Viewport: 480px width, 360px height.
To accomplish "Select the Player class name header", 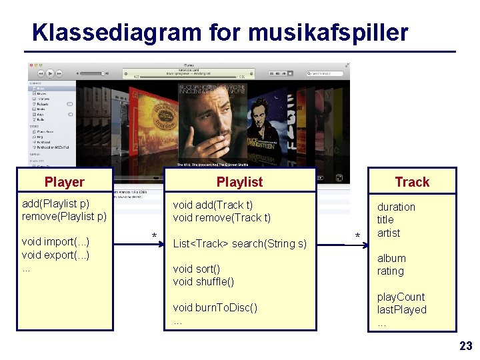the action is (65, 182).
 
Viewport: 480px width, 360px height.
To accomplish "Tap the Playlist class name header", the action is (239, 182).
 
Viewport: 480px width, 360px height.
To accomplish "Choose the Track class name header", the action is (412, 182).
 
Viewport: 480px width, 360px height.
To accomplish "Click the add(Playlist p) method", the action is (56, 203).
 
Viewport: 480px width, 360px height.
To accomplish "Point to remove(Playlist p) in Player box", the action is (64, 216).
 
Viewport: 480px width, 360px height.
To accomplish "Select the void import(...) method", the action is (55, 242).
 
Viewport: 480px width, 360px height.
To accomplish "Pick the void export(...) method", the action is (55, 255).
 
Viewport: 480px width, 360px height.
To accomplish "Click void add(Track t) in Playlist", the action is (213, 205).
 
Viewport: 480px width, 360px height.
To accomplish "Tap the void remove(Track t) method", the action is (221, 218).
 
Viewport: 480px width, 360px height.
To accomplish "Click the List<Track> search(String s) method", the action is (239, 244).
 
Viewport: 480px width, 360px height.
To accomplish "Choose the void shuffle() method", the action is (203, 282).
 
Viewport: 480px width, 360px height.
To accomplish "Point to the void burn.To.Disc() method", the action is (215, 308).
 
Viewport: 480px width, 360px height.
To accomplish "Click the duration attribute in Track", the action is (396, 207).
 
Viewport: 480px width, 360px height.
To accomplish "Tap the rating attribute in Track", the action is (390, 271).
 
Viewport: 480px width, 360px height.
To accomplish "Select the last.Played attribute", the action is (401, 310).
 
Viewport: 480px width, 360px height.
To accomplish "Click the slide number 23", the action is (465, 345).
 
